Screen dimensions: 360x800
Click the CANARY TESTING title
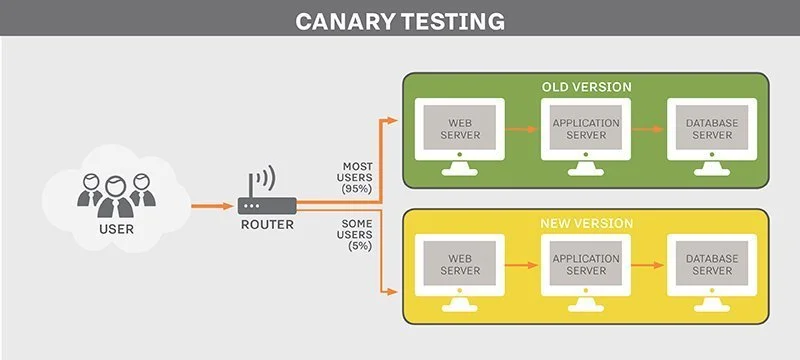click(400, 21)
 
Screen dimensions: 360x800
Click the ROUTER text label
click(267, 224)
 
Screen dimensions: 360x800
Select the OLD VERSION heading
click(586, 87)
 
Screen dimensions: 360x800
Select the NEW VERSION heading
click(586, 222)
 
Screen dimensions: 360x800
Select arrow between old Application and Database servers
click(649, 129)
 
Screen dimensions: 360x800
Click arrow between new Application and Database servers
click(649, 265)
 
